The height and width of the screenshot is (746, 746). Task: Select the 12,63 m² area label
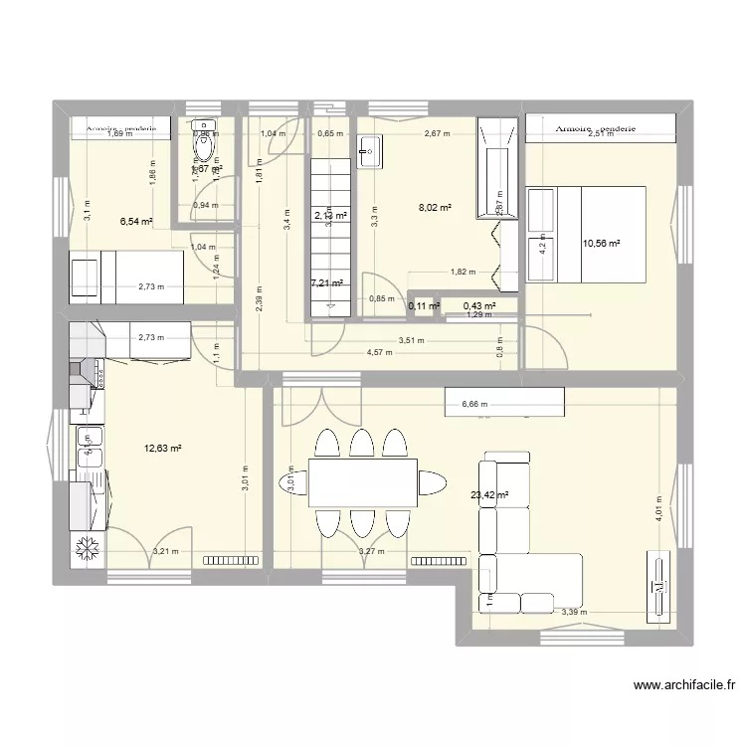163,449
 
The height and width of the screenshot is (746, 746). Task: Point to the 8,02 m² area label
435,209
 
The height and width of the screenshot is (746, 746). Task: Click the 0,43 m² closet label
478,305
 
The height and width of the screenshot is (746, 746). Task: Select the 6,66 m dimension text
476,405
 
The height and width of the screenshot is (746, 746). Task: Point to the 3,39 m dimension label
573,613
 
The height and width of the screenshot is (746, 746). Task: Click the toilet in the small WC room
206,149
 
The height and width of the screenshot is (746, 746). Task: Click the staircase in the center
329,239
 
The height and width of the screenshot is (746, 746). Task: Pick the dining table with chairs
362,482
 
